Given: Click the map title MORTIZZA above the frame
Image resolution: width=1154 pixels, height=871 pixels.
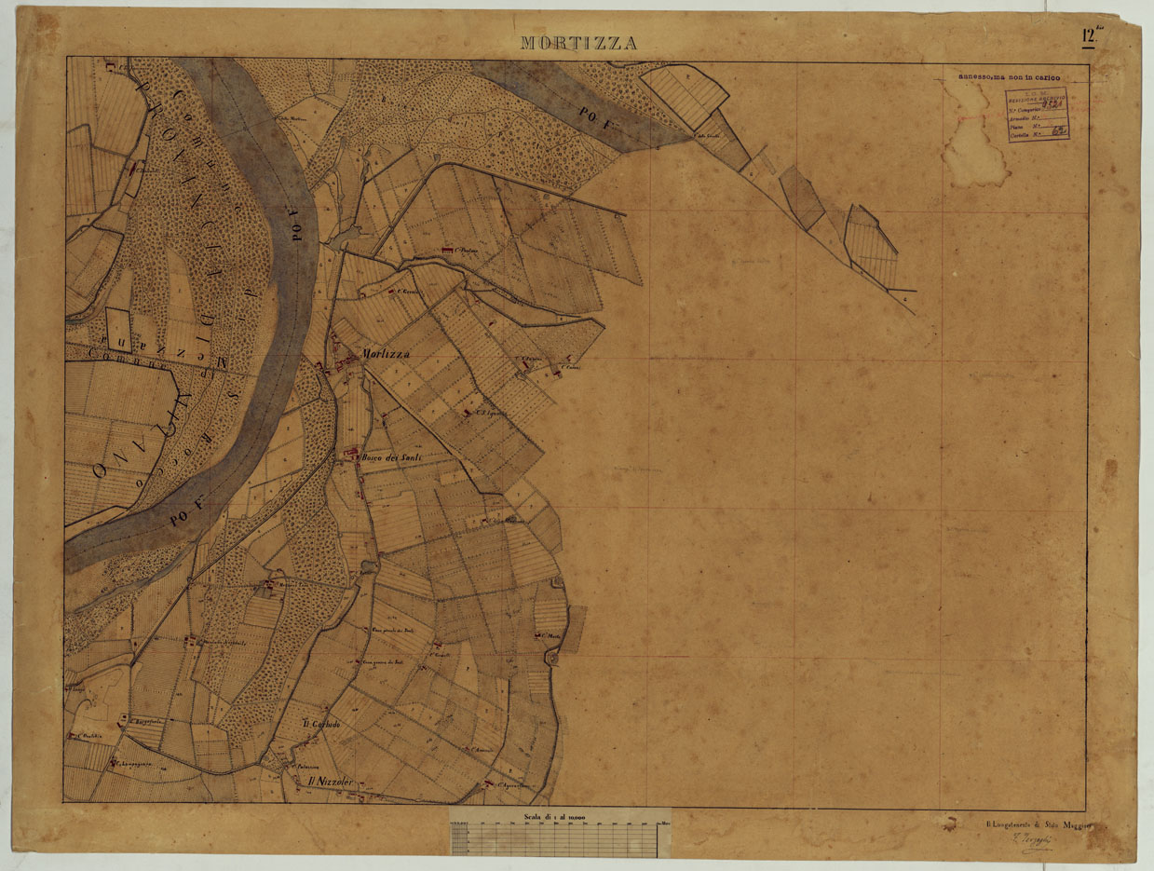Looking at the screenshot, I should click(x=578, y=43).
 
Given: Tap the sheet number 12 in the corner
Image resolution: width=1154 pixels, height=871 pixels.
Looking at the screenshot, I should click(x=1088, y=36).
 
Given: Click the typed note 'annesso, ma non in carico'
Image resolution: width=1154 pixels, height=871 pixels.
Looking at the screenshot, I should click(x=1013, y=78).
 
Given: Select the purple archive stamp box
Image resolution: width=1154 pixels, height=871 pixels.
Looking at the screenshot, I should click(x=1038, y=116).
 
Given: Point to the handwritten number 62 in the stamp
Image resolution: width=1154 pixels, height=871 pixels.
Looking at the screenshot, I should click(x=1058, y=133).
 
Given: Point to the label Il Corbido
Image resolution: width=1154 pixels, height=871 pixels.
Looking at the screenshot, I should click(x=321, y=725).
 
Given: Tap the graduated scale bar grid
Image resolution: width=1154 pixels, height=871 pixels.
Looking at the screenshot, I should click(x=559, y=840).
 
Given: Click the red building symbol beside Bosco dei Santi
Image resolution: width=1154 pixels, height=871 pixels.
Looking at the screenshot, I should click(x=351, y=454).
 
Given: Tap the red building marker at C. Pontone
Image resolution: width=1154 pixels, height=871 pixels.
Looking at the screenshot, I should click(x=445, y=251).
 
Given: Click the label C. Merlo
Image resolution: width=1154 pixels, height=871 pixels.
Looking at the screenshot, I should click(x=551, y=636).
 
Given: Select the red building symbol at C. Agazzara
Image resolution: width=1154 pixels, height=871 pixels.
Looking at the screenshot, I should click(x=488, y=785).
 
